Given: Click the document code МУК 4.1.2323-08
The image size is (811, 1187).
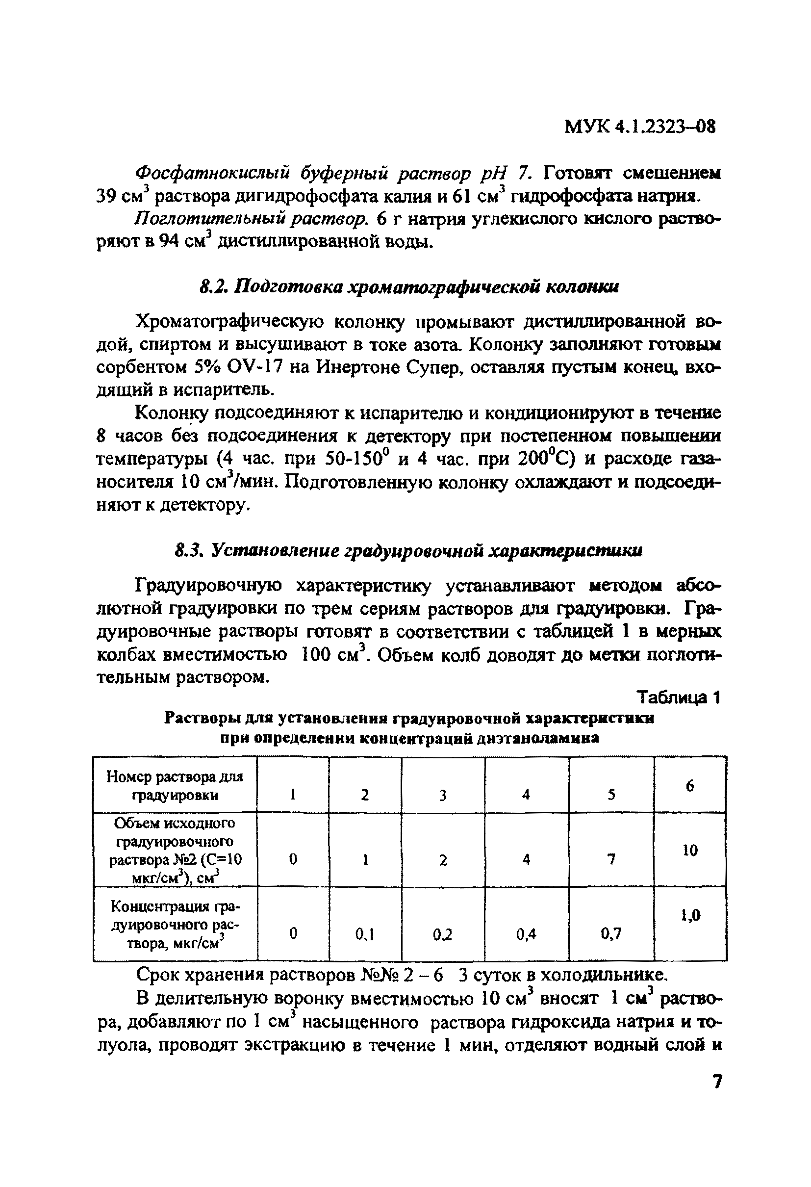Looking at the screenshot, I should [640, 126].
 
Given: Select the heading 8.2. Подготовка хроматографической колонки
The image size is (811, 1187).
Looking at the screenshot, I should [408, 287].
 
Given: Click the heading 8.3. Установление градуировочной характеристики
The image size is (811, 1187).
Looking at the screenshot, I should [408, 551].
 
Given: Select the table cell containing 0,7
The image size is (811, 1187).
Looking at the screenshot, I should [611, 934].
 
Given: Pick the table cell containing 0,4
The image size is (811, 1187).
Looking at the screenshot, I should [526, 934].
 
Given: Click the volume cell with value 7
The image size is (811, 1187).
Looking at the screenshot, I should [611, 860].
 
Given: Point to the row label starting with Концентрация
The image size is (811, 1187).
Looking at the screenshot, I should [175, 925].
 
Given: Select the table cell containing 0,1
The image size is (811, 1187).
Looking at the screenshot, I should [365, 934].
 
